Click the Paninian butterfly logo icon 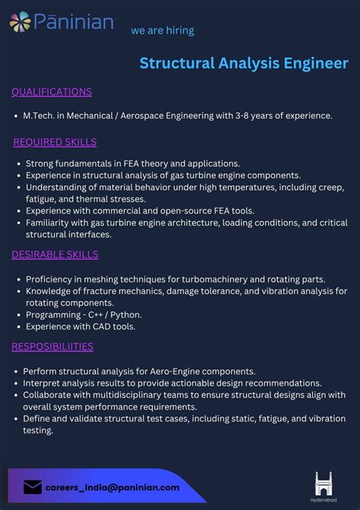tap(21, 22)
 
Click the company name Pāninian tap(73, 22)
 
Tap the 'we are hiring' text tap(163, 30)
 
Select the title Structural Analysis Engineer tap(244, 63)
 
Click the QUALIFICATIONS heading tap(52, 92)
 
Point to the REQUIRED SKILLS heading tap(55, 142)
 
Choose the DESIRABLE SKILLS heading tap(55, 255)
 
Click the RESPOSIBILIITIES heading tap(52, 347)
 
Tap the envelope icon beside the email tap(33, 487)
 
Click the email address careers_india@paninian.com tap(112, 487)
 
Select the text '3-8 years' tap(252, 116)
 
